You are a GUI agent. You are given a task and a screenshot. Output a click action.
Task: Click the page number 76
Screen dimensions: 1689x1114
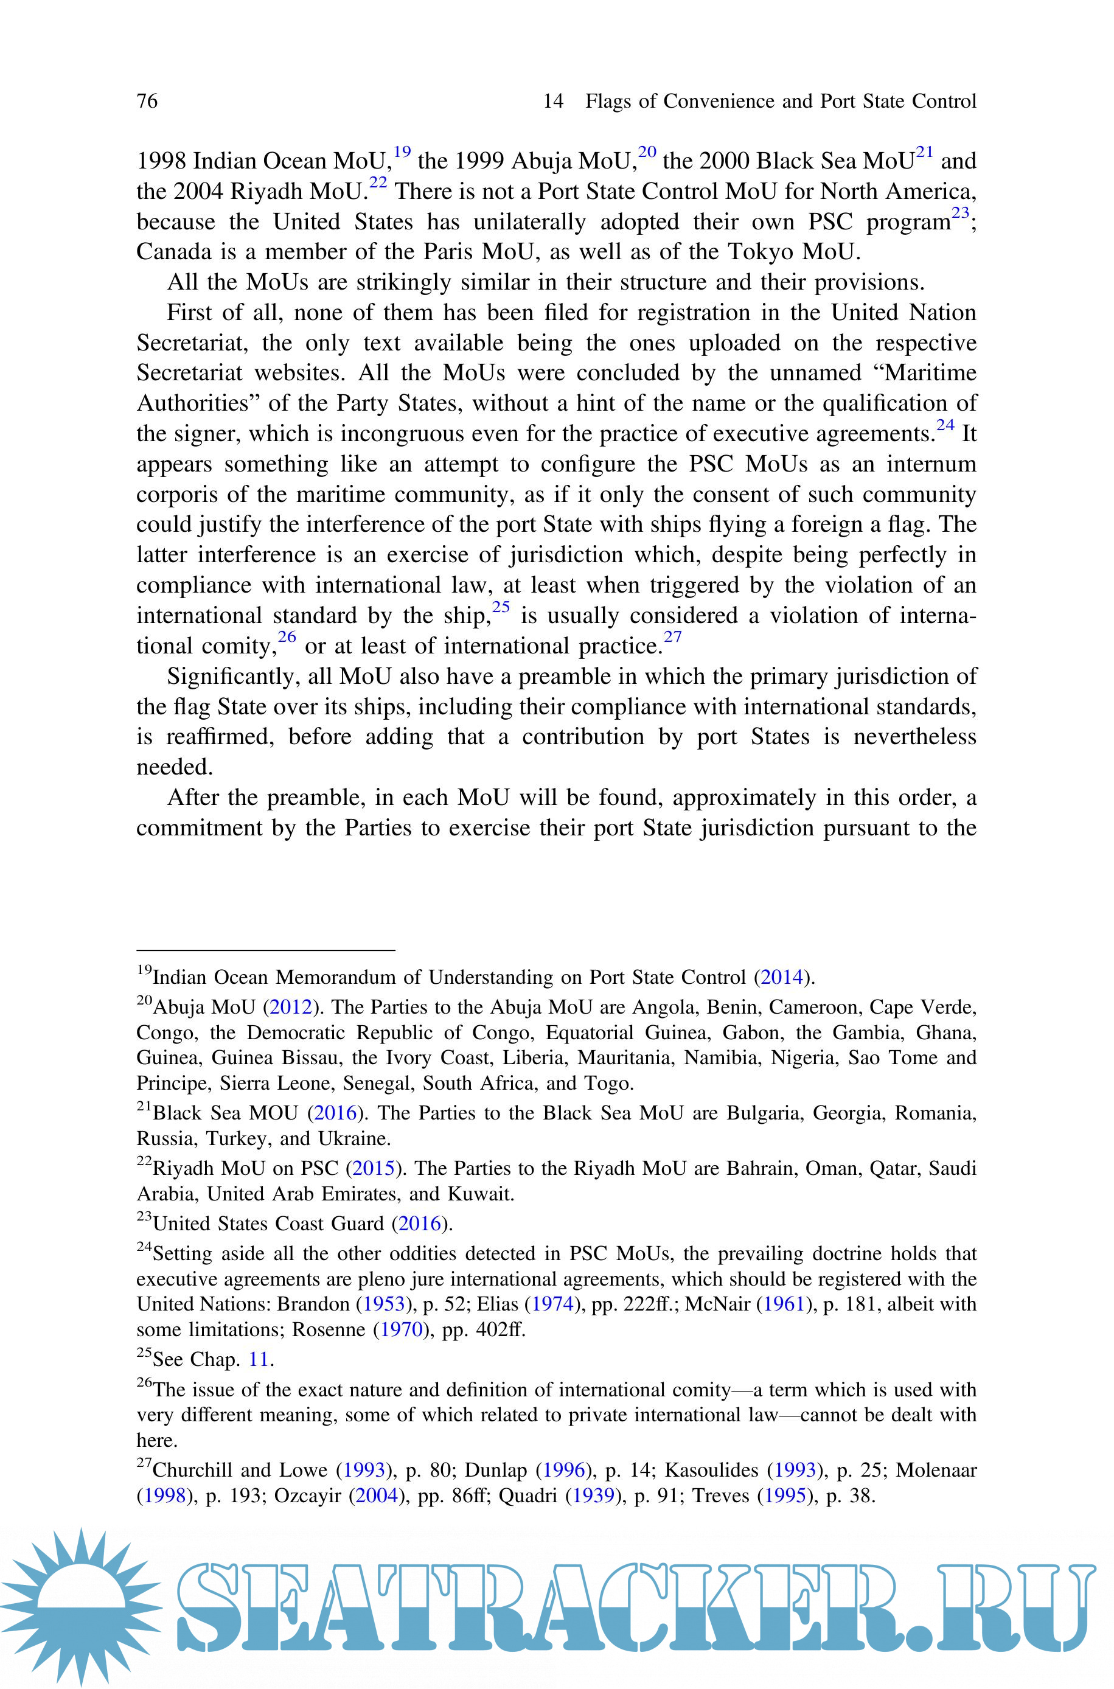pyautogui.click(x=147, y=101)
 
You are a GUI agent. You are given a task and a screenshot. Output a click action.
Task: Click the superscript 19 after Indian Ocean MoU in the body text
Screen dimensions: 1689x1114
pyautogui.click(x=402, y=152)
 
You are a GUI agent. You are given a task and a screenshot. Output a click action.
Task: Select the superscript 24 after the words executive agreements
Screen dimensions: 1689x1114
pyautogui.click(x=945, y=425)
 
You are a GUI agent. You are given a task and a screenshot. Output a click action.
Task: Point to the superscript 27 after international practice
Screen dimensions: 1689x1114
pyautogui.click(x=672, y=637)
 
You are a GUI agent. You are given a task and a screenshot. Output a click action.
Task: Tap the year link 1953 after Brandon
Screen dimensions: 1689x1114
pyautogui.click(x=385, y=1304)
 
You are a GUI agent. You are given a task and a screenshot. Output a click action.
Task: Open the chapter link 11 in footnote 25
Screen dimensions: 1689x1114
pyautogui.click(x=259, y=1359)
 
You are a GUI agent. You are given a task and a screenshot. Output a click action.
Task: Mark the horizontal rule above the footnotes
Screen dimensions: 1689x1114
pyautogui.click(x=266, y=950)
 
